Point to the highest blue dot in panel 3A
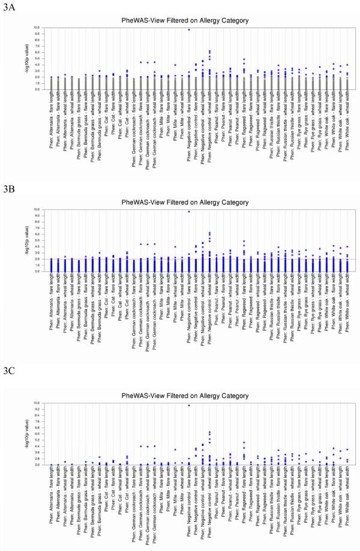click(x=188, y=29)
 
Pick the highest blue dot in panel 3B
click(x=188, y=211)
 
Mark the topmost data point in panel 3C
click(x=188, y=405)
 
